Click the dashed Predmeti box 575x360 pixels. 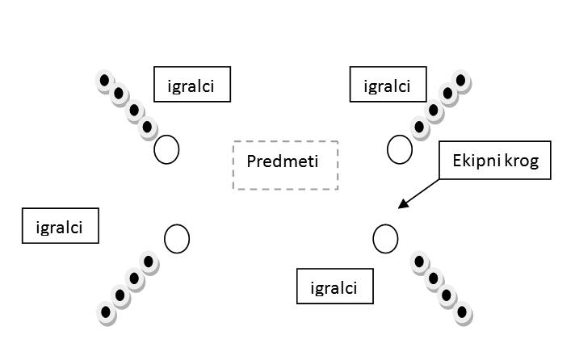coord(285,165)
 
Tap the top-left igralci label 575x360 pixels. coord(192,85)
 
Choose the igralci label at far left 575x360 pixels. coord(60,226)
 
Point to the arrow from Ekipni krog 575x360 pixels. coord(420,195)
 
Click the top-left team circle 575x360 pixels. coord(166,149)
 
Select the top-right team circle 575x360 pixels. coord(399,149)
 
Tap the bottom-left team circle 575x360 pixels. coord(177,239)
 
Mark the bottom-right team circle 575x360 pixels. coord(385,238)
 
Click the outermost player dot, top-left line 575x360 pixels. coord(105,81)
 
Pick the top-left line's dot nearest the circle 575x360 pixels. coord(148,127)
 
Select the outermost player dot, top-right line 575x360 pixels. coord(462,81)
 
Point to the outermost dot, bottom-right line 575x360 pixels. coord(463,312)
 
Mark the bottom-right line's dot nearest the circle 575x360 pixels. coord(419,262)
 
